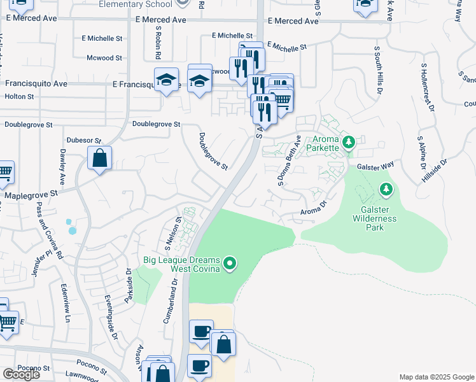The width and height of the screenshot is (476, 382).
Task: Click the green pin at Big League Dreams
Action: [x=231, y=262]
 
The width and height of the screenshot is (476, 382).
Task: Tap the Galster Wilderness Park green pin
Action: [x=385, y=189]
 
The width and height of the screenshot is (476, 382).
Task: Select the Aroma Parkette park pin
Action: [x=347, y=142]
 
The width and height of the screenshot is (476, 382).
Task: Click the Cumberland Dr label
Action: [x=169, y=304]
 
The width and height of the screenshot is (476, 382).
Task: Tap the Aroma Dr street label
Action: [x=313, y=208]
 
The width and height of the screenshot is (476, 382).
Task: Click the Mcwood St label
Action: [x=104, y=58]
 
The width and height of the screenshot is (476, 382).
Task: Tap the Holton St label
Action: [x=19, y=96]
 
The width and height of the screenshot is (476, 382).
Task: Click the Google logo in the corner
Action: [x=21, y=374]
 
